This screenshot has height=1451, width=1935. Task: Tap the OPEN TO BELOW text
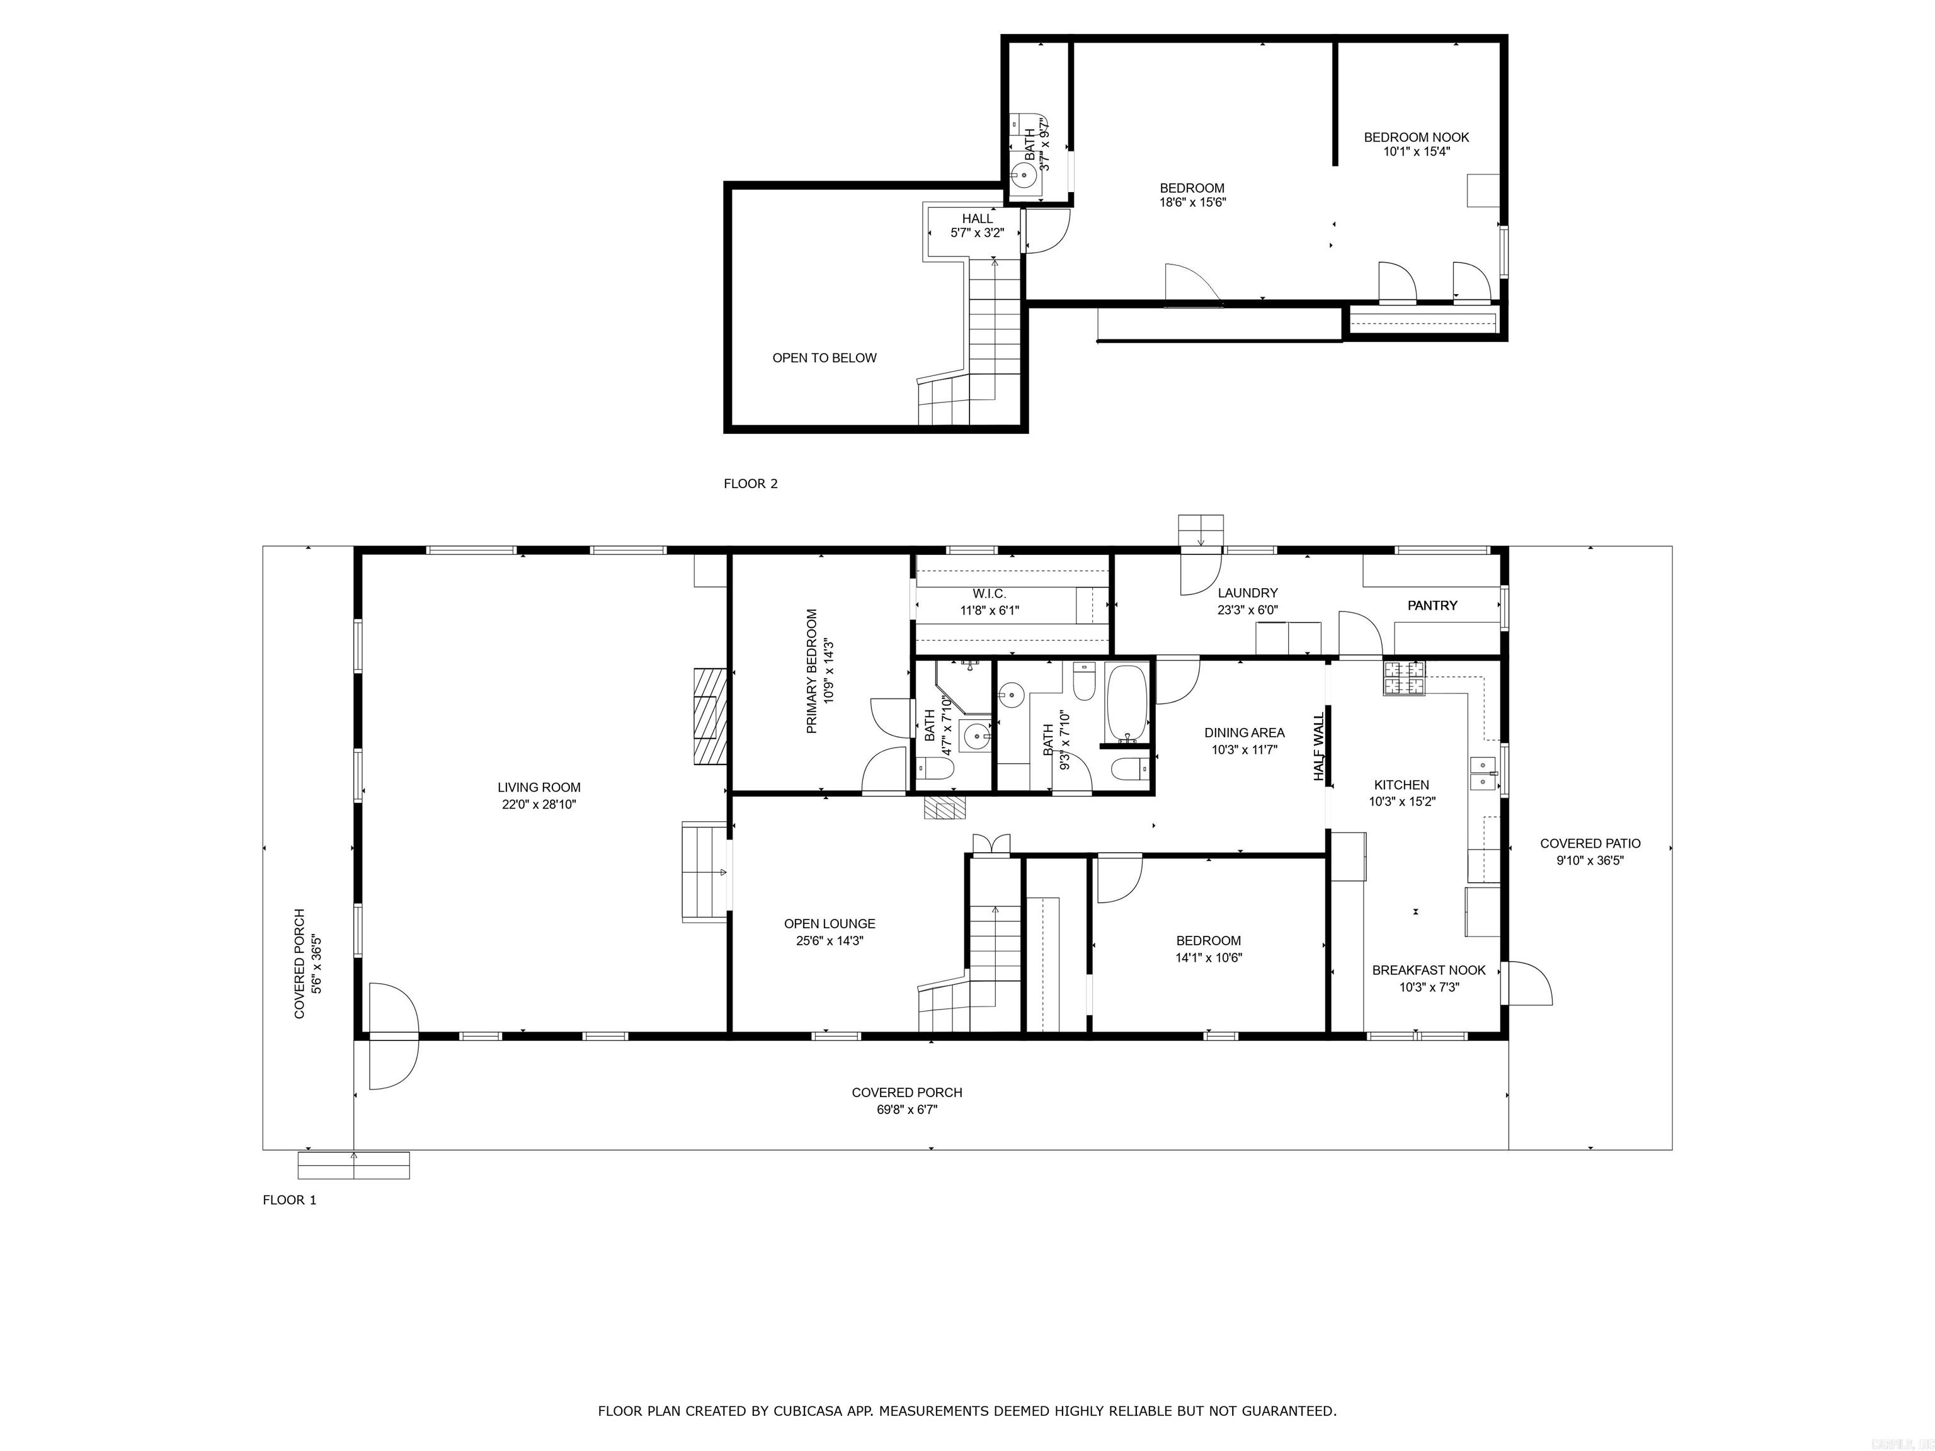(x=824, y=358)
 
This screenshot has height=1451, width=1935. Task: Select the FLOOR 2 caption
(x=751, y=484)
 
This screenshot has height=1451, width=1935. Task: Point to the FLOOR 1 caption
(x=290, y=1200)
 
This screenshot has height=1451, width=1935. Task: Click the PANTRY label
(x=1432, y=605)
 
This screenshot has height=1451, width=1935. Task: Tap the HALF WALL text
(x=1319, y=746)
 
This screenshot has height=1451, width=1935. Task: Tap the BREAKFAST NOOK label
(x=1429, y=970)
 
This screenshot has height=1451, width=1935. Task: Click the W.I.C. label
(x=990, y=594)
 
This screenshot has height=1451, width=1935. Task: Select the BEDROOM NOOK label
(x=1416, y=137)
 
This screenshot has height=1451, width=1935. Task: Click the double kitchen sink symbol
(x=1483, y=774)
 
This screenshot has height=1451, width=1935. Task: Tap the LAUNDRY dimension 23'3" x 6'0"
(x=1247, y=610)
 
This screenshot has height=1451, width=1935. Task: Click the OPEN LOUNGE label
(x=830, y=924)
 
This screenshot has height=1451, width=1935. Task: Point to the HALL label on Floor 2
(x=977, y=219)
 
